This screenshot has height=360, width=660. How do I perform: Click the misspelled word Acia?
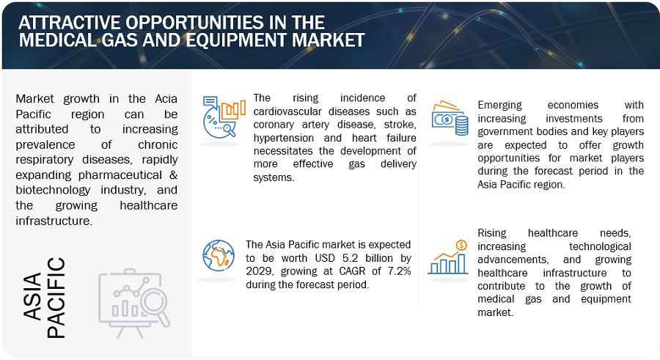(x=166, y=98)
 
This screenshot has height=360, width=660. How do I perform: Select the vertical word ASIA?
(x=33, y=295)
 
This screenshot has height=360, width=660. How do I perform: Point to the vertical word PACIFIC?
(x=56, y=298)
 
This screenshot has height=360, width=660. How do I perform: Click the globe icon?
(x=218, y=256)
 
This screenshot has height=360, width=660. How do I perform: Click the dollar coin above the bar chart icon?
(x=461, y=245)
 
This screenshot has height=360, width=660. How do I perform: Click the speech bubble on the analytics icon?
(x=210, y=101)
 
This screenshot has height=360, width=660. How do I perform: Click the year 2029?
(x=260, y=271)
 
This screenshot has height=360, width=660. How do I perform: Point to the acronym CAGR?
(x=352, y=271)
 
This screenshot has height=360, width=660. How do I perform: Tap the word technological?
(x=600, y=246)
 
